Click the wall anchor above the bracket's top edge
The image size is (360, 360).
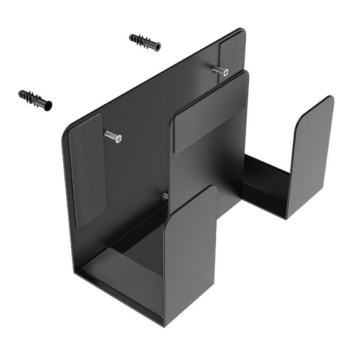click(144, 42)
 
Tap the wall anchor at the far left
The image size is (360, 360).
click(35, 99)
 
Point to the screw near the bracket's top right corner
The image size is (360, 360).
click(220, 71)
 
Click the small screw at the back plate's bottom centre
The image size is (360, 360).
click(165, 196)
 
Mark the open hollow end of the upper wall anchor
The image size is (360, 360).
click(157, 47)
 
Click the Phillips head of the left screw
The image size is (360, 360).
click(117, 138)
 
